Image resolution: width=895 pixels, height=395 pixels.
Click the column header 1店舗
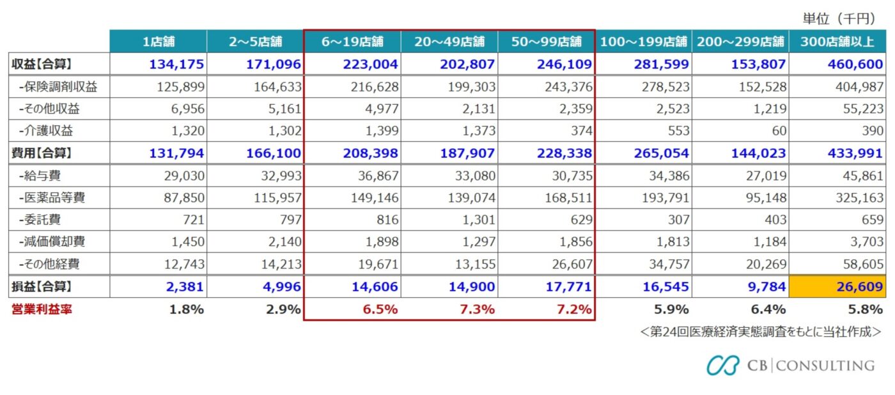[158, 42]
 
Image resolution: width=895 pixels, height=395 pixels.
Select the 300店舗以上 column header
[837, 42]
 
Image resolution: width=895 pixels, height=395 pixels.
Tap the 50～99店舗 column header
[547, 42]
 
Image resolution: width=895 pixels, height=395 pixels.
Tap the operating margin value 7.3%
[477, 309]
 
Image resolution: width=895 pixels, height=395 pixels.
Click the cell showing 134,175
[176, 64]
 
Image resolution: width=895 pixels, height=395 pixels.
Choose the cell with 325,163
[857, 197]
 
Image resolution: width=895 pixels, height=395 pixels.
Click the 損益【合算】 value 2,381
[185, 286]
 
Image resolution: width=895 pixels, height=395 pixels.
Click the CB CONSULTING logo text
[810, 366]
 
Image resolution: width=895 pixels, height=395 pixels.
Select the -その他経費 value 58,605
[859, 264]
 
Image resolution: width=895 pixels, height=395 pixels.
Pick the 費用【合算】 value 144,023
[760, 153]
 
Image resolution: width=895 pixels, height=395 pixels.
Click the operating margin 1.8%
[187, 309]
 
